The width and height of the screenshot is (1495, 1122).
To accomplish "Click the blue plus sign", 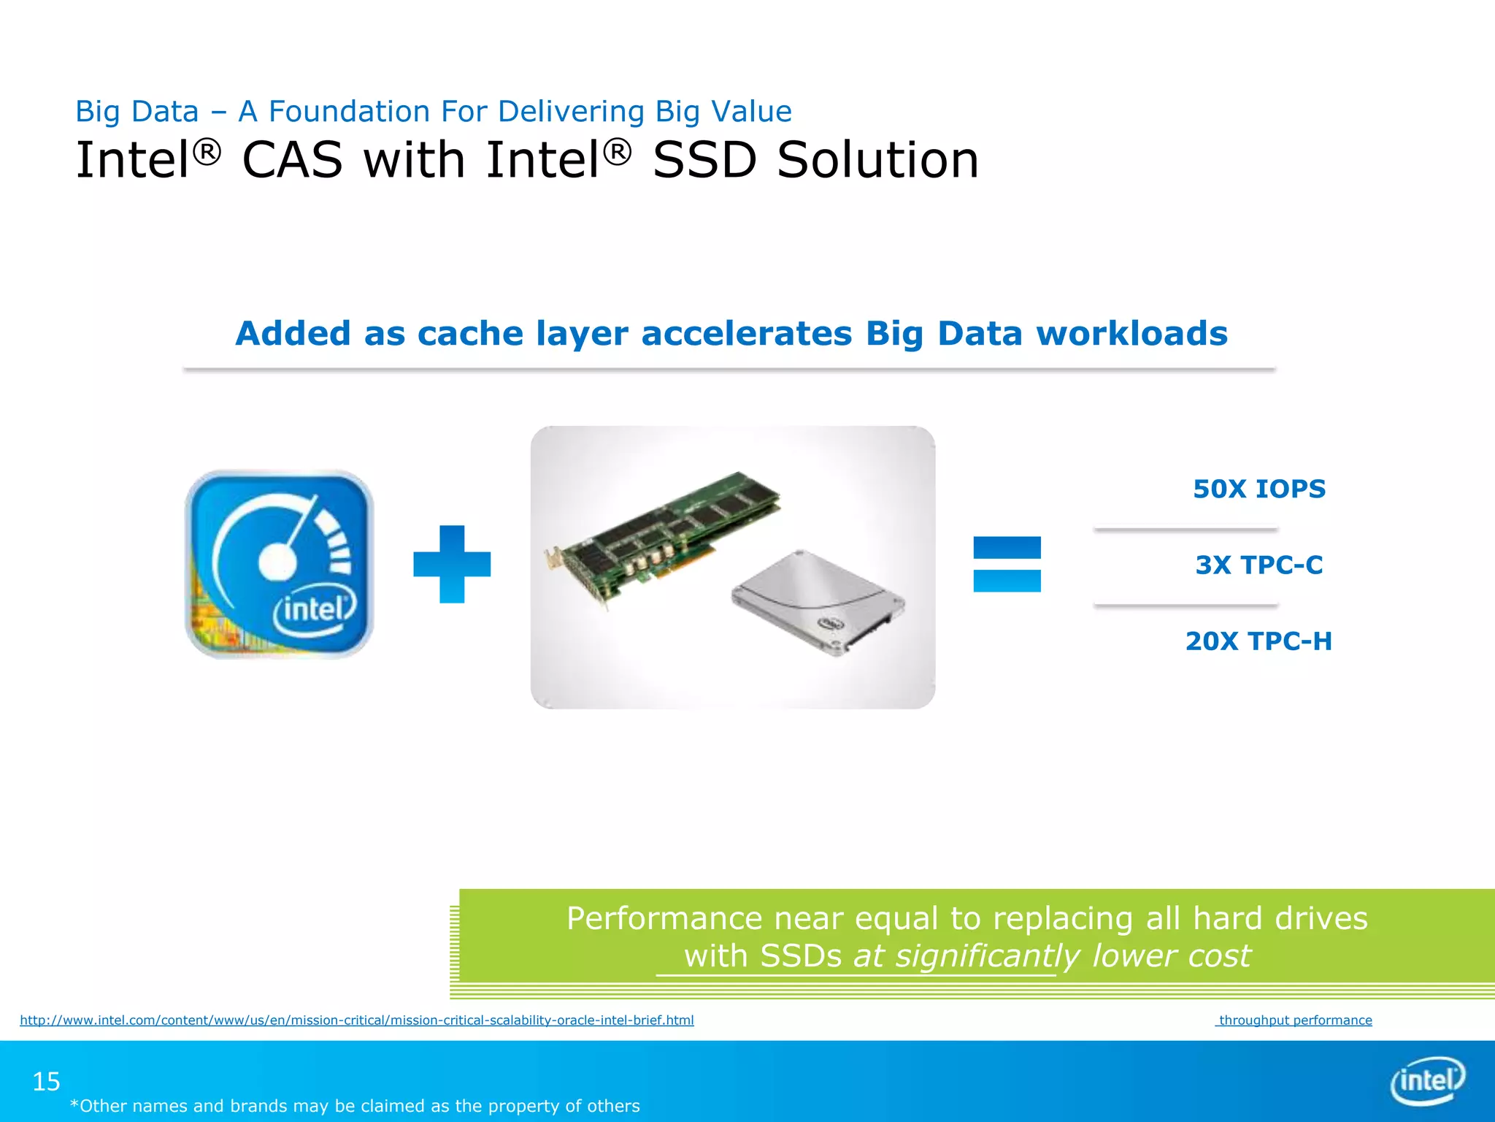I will tap(452, 564).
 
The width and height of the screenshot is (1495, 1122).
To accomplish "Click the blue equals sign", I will tap(1007, 564).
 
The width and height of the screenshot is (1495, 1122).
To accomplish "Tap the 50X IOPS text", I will tap(1259, 489).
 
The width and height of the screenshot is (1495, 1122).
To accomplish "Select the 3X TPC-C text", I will tap(1259, 565).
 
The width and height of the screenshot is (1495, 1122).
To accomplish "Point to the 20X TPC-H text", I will tap(1259, 641).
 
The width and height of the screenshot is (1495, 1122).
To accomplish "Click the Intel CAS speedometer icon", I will tap(280, 564).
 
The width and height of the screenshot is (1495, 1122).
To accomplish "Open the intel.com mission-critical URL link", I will tap(357, 1020).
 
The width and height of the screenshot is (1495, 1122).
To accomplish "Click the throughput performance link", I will tap(1294, 1020).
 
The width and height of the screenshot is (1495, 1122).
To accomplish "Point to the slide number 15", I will tap(46, 1081).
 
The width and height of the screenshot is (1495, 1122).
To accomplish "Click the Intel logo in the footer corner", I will tap(1427, 1080).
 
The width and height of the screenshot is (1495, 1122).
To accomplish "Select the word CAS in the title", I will tap(292, 160).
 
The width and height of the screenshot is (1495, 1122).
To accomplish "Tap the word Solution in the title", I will tap(877, 160).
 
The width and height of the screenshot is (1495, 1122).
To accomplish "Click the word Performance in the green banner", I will tap(664, 918).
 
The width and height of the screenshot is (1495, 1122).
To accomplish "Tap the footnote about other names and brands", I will tap(355, 1106).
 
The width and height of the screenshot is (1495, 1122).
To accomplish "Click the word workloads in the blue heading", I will tap(1131, 333).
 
